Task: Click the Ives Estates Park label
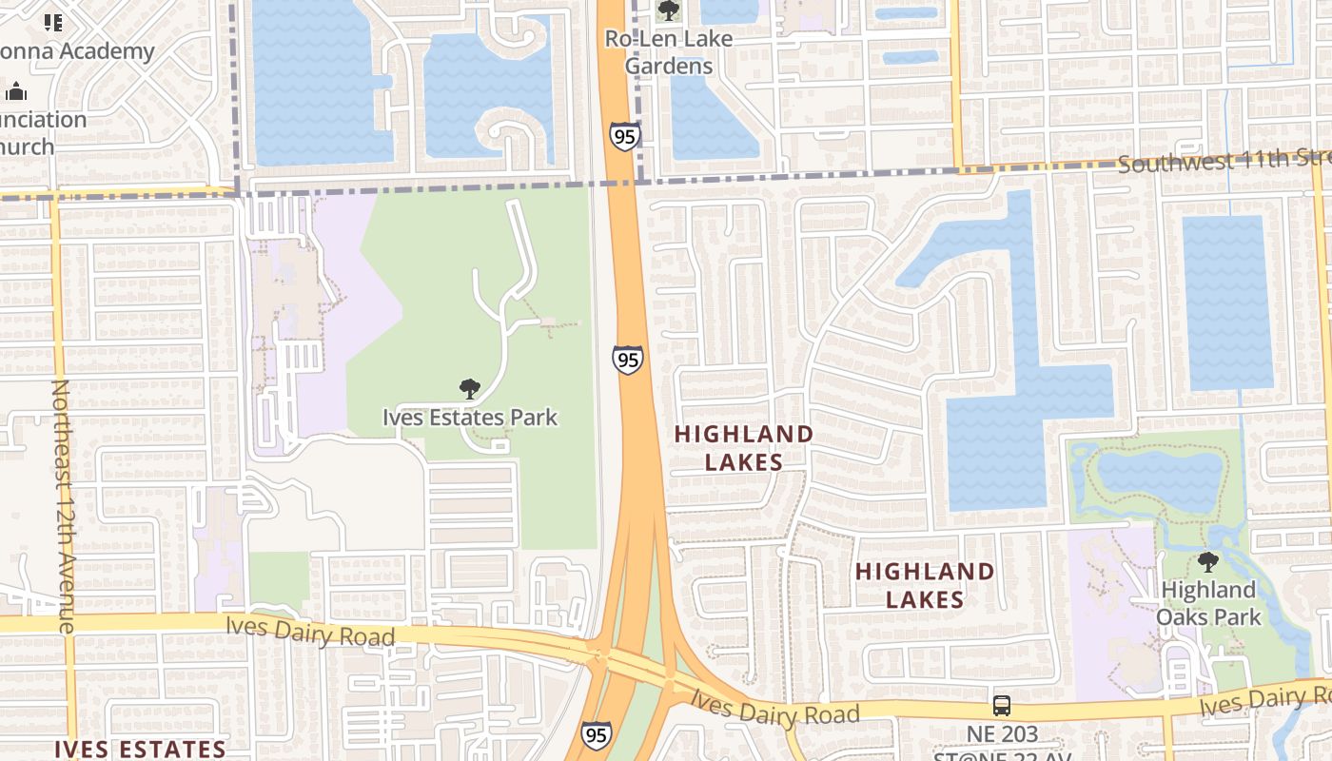pyautogui.click(x=470, y=417)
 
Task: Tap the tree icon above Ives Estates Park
pyautogui.click(x=469, y=388)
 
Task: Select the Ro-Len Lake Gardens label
pyautogui.click(x=670, y=52)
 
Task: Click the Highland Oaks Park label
pyautogui.click(x=1208, y=603)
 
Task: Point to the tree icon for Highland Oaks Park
pyautogui.click(x=1208, y=562)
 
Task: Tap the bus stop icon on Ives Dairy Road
pyautogui.click(x=1002, y=706)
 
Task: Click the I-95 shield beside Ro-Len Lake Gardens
pyautogui.click(x=624, y=136)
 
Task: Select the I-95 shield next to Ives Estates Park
pyautogui.click(x=627, y=360)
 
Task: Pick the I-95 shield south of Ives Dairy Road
pyautogui.click(x=596, y=734)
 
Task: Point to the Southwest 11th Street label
pyautogui.click(x=1224, y=161)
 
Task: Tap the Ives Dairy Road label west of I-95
pyautogui.click(x=310, y=632)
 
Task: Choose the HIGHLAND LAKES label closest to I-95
pyautogui.click(x=744, y=448)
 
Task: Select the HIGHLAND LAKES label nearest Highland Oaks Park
pyautogui.click(x=925, y=585)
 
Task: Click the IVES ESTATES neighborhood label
pyautogui.click(x=140, y=749)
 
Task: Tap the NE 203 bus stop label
pyautogui.click(x=1003, y=734)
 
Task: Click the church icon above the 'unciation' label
pyautogui.click(x=16, y=92)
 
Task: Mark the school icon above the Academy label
pyautogui.click(x=53, y=22)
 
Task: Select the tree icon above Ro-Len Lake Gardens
pyautogui.click(x=669, y=10)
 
